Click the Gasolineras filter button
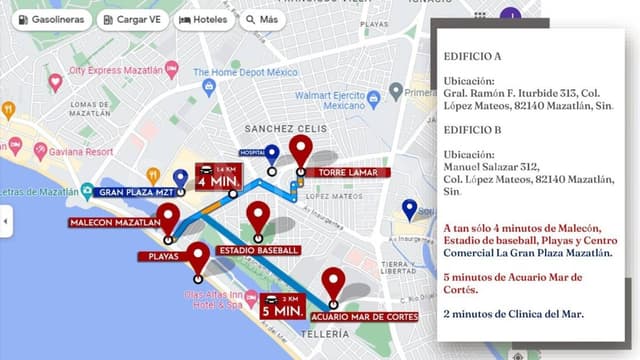49,19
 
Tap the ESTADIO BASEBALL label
259,249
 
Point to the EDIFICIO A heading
473,56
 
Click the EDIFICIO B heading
473,129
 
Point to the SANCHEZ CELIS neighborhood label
285,129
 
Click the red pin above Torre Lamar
300,150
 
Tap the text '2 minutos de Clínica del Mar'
514,313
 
